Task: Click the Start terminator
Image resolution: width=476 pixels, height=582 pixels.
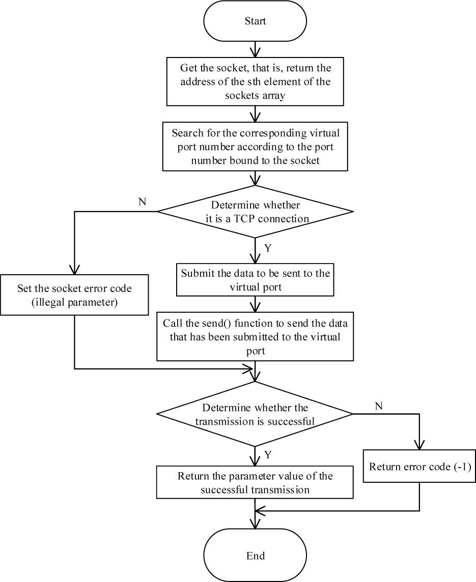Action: [x=255, y=21]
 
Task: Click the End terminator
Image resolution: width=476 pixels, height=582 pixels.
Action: [x=255, y=555]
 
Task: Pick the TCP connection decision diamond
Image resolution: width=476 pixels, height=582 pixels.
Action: [x=255, y=211]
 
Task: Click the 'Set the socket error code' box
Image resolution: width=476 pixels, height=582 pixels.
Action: [x=74, y=295]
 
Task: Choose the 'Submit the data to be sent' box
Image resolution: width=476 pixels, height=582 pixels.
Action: [x=255, y=280]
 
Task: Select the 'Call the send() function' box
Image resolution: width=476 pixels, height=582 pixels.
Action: [x=255, y=336]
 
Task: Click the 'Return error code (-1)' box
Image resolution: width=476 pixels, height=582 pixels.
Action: [x=418, y=467]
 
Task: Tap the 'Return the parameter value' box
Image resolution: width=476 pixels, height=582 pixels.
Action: [x=255, y=482]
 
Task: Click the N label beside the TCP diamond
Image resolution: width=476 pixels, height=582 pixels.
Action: [x=142, y=201]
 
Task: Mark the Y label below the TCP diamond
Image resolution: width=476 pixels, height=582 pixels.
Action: [x=267, y=249]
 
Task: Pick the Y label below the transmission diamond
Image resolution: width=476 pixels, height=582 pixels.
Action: [x=267, y=454]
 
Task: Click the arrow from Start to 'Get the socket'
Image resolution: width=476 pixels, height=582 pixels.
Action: [x=255, y=49]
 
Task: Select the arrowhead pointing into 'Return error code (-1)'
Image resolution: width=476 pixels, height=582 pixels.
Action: [x=418, y=447]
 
